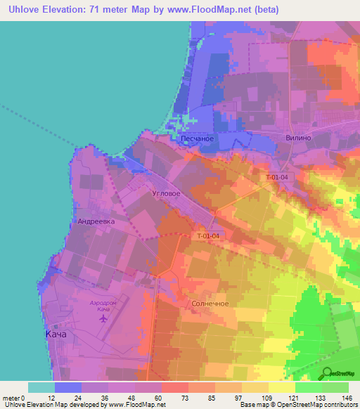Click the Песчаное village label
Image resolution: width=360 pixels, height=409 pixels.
pos(197,139)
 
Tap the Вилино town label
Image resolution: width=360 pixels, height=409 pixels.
pos(299,139)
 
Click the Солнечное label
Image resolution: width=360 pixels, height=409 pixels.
pos(209,304)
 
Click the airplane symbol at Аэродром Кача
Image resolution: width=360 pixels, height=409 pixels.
pos(104,319)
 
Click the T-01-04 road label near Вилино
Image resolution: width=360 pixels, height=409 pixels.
pos(277,177)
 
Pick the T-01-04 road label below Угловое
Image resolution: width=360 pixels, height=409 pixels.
pos(209,236)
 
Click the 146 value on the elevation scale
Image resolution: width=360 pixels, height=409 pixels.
pos(348,398)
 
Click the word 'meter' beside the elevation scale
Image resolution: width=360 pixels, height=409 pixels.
pos(11,398)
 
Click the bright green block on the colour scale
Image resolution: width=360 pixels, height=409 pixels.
pos(309,387)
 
